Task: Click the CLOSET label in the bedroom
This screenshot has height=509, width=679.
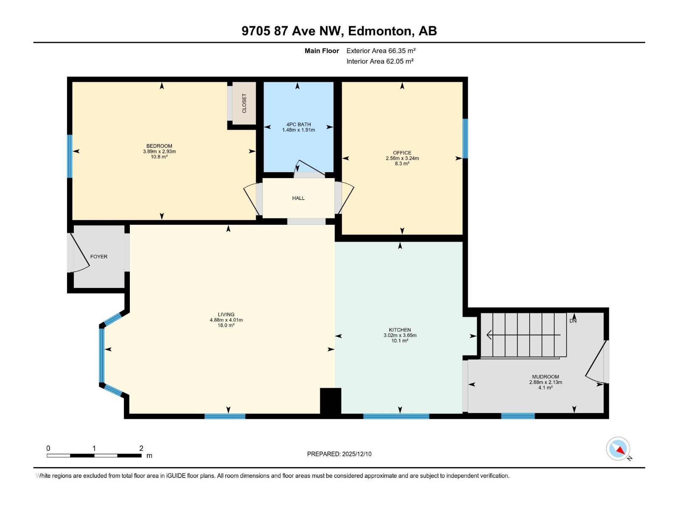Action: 244,103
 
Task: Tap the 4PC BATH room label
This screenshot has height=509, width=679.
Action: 298,124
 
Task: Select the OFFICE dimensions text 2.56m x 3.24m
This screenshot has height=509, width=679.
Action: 402,158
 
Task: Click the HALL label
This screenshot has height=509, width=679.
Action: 298,198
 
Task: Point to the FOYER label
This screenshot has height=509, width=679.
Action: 99,257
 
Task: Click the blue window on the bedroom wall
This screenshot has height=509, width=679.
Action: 70,156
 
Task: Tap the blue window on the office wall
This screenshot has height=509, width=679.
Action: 465,138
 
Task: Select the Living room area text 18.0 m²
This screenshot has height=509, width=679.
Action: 226,325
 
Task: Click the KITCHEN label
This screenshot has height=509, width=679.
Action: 400,330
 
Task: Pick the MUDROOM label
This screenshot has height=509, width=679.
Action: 545,377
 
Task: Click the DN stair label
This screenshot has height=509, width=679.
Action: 573,321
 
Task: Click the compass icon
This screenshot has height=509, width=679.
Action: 618,449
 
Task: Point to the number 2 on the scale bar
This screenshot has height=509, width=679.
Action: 141,448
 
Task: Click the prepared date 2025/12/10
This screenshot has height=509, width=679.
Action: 356,454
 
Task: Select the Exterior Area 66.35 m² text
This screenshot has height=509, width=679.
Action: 381,50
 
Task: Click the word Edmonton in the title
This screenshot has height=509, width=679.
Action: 380,31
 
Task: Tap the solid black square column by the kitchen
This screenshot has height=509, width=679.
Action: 331,401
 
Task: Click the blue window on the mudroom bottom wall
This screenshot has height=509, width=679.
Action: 518,416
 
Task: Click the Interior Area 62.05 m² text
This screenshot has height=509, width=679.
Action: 380,61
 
